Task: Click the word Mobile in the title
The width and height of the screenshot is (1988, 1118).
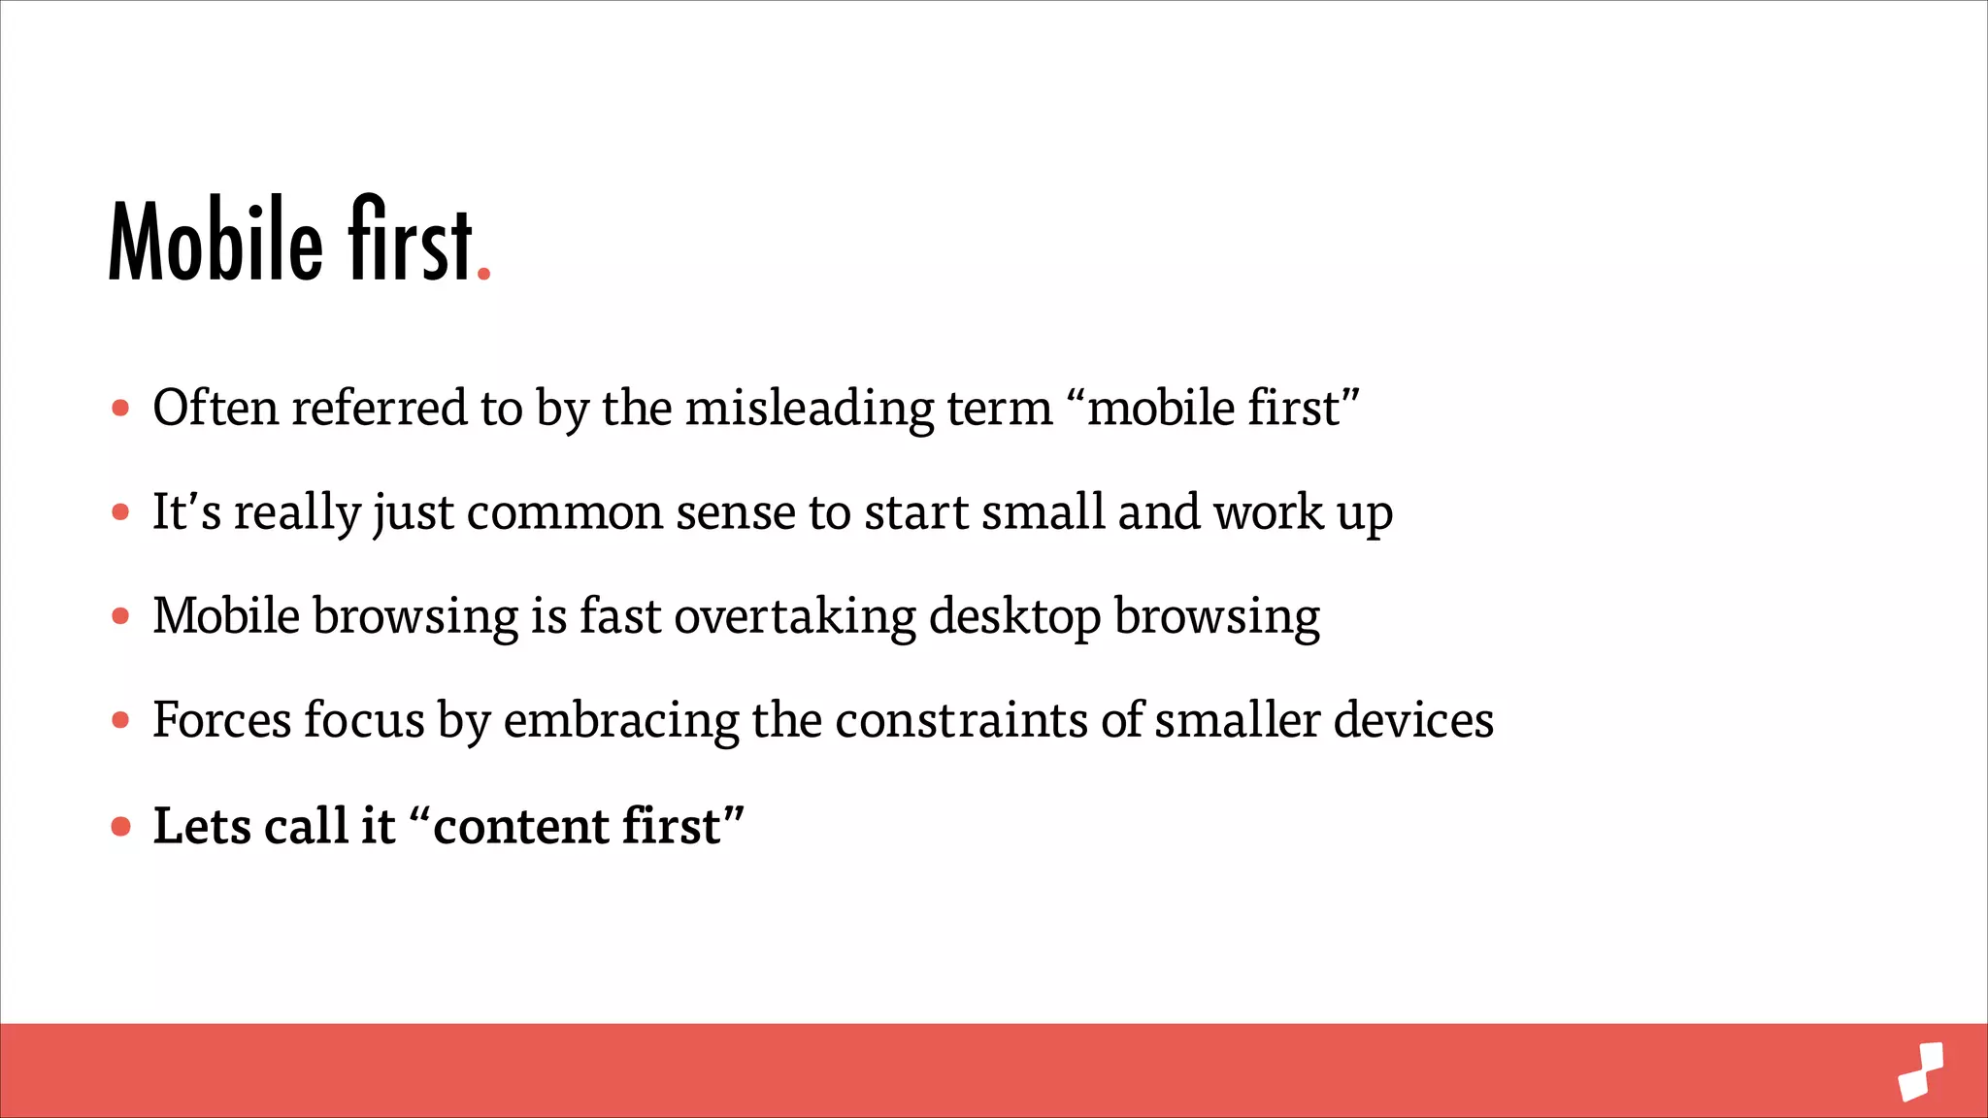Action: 215,241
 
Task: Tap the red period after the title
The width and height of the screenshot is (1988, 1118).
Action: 483,276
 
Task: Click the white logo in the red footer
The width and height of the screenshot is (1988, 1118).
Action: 1921,1071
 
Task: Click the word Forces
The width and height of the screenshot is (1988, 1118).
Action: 221,721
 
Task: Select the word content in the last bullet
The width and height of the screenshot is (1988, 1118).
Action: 520,827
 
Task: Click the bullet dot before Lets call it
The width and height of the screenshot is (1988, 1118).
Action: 120,827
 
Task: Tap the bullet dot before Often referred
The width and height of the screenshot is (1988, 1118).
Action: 120,408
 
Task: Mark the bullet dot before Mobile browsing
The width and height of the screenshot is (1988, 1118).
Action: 120,616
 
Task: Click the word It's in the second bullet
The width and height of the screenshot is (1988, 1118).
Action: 186,512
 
